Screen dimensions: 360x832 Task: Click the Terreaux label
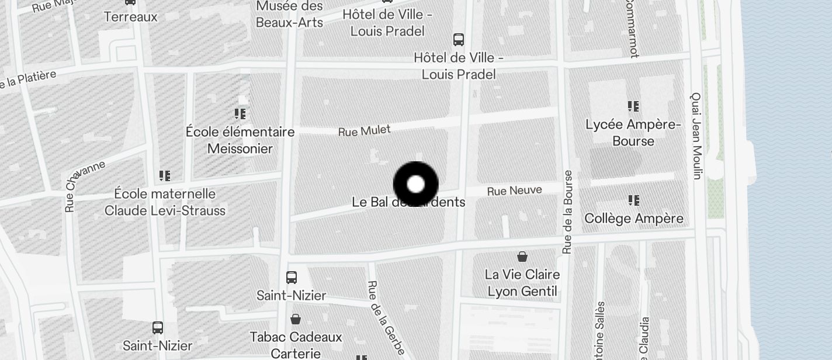130,17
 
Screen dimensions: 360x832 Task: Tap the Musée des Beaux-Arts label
289,15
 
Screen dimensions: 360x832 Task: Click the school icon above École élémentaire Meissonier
240,113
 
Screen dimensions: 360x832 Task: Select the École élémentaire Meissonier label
240,140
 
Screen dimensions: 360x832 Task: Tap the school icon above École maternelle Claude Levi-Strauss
165,175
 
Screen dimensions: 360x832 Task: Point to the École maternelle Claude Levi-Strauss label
165,202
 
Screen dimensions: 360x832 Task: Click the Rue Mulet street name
364,130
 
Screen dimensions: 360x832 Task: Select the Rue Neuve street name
514,191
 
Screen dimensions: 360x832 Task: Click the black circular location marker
415,184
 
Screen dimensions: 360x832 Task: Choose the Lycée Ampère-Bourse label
633,133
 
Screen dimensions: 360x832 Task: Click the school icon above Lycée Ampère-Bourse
633,106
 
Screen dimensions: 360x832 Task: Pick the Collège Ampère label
634,219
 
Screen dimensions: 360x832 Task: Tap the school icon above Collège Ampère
634,200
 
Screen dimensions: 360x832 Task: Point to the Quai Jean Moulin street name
696,135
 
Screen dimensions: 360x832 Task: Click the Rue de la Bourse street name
567,212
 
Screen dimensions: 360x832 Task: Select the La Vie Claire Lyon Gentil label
522,283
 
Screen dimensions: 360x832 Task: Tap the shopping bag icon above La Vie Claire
522,257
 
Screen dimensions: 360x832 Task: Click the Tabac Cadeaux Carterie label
296,345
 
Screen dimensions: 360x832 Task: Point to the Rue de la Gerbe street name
386,317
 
